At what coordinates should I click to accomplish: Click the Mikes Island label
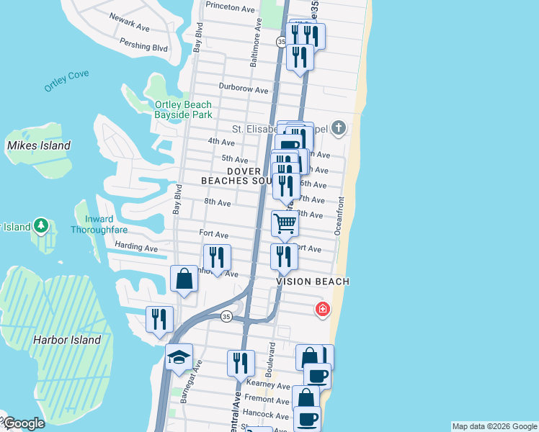point(39,145)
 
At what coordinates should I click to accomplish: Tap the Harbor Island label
point(66,339)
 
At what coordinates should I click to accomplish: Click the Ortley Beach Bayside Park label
point(183,109)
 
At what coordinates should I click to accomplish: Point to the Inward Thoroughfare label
point(99,225)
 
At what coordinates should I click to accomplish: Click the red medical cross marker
point(323,310)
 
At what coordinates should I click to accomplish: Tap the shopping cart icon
point(285,225)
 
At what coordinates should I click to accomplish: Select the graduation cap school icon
point(178,357)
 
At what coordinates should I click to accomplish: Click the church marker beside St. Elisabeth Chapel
point(339,130)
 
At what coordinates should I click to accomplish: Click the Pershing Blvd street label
point(145,47)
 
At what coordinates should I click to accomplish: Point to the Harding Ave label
point(136,248)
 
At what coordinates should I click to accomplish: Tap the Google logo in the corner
point(23,424)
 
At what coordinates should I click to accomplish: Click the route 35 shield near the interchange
point(226,317)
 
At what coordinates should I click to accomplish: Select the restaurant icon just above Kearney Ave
point(241,363)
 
